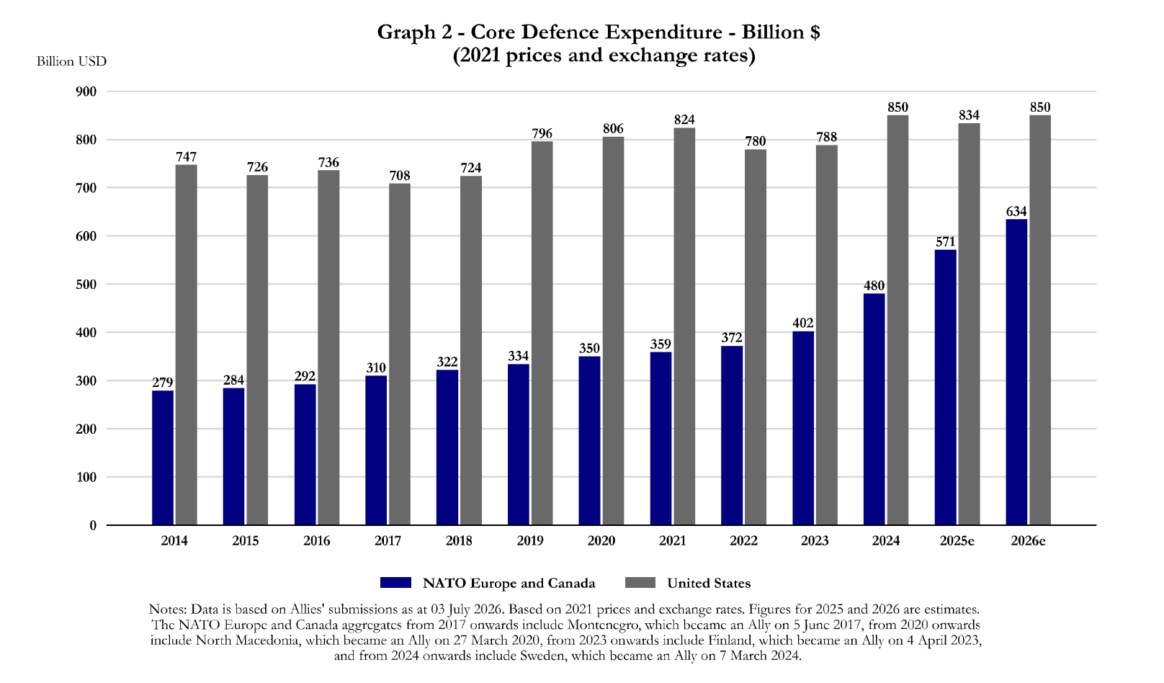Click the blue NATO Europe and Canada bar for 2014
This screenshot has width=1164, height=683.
tap(163, 457)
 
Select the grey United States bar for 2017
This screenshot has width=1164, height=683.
tap(400, 354)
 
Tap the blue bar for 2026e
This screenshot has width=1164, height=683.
tap(1016, 372)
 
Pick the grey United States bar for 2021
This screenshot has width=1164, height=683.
tap(684, 326)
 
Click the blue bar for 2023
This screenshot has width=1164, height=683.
tap(803, 428)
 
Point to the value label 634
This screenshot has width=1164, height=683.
tap(1016, 212)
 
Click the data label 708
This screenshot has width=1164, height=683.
tap(400, 176)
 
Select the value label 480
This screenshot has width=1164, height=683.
tap(874, 286)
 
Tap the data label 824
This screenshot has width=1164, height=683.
tap(684, 120)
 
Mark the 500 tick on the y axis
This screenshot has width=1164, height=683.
tap(86, 285)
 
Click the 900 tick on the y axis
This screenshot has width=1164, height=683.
tap(86, 92)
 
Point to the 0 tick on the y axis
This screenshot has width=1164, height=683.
tap(93, 525)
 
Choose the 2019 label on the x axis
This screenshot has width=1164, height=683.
tap(530, 541)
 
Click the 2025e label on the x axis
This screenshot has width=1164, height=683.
tap(957, 541)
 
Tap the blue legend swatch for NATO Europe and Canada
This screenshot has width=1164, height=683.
tap(395, 583)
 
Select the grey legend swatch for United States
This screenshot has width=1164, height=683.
tap(640, 583)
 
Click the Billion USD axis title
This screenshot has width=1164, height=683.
tap(71, 61)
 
